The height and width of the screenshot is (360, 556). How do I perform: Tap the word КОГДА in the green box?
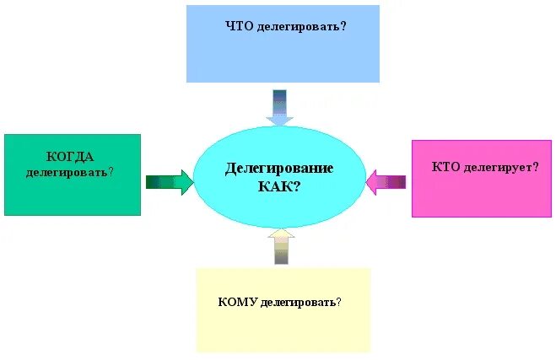(x=70, y=157)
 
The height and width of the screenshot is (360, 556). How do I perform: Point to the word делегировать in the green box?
(x=66, y=172)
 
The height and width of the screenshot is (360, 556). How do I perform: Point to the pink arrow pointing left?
(x=386, y=181)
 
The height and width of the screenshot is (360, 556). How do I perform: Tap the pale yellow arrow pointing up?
(x=280, y=248)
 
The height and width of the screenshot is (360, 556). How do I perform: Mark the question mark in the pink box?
(x=536, y=168)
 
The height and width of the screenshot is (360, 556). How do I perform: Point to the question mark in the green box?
(x=111, y=172)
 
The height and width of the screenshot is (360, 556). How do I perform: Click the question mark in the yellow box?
(x=348, y=301)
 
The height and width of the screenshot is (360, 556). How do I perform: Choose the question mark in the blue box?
(x=344, y=26)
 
